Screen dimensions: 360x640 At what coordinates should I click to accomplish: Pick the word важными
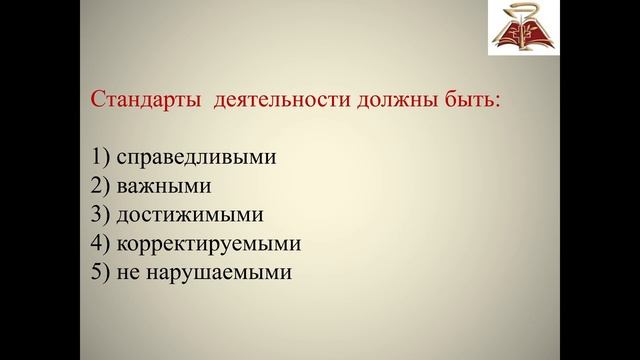pyautogui.click(x=163, y=186)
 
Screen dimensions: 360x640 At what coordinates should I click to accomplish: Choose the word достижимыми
pyautogui.click(x=189, y=214)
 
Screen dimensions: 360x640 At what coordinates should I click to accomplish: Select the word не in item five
pyautogui.click(x=129, y=271)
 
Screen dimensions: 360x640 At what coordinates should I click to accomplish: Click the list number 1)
pyautogui.click(x=100, y=158)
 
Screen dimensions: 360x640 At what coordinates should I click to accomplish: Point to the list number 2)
pyautogui.click(x=100, y=186)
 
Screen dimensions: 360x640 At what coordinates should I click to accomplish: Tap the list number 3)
pyautogui.click(x=100, y=214)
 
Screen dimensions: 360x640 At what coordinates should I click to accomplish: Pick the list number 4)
pyautogui.click(x=100, y=243)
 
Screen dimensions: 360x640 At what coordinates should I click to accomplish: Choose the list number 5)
pyautogui.click(x=100, y=271)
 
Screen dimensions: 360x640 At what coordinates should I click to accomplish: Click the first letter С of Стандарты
pyautogui.click(x=98, y=101)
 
